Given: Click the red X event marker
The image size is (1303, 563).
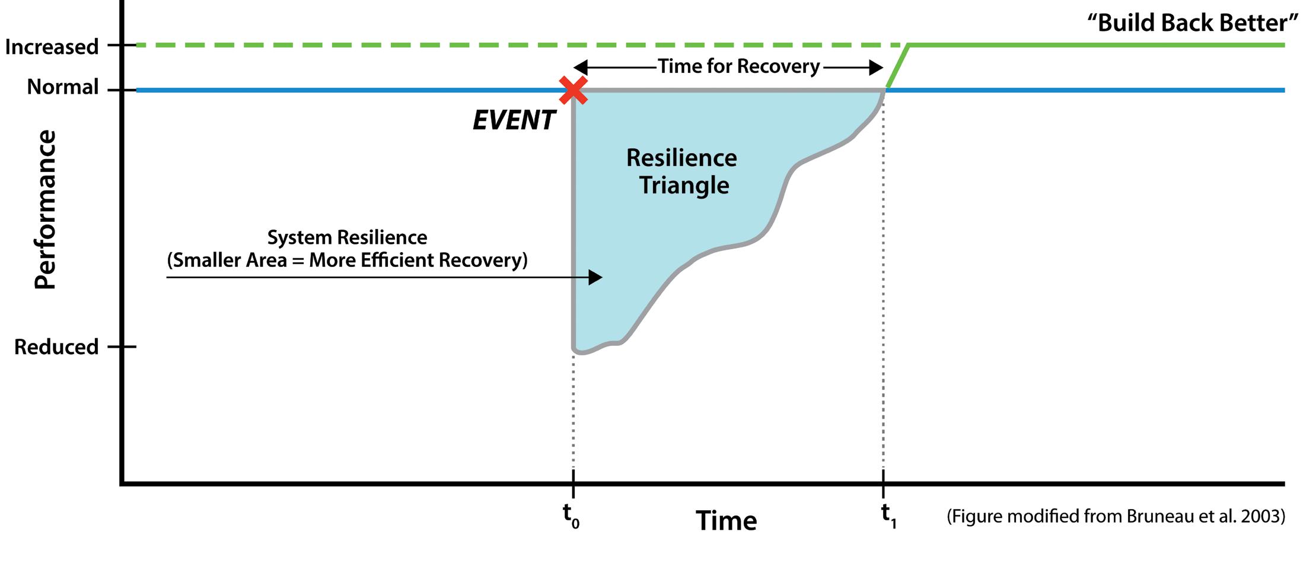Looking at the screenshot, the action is [x=573, y=90].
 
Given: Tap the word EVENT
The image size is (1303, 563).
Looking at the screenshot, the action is [x=514, y=120].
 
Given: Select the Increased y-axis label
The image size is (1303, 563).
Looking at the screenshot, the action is [x=52, y=46].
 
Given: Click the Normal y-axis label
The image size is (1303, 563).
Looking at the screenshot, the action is [x=63, y=87].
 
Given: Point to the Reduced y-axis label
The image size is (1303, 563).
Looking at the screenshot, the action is [x=56, y=346].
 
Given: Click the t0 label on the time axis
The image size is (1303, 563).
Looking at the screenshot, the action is [x=571, y=515].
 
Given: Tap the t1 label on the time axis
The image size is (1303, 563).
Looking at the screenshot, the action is [x=888, y=515].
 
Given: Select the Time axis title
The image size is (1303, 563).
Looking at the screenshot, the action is [x=726, y=520].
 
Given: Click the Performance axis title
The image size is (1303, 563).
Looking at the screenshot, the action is [x=44, y=209].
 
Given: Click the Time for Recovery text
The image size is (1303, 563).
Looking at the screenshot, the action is [x=738, y=66].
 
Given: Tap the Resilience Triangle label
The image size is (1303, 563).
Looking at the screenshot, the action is [x=682, y=171].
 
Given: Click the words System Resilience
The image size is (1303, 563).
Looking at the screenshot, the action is [x=347, y=237].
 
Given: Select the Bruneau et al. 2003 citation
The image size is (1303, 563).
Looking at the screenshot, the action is [x=1116, y=516].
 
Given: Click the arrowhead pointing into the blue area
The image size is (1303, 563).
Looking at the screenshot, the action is [x=595, y=277].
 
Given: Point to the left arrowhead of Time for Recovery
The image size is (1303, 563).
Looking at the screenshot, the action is [x=581, y=67].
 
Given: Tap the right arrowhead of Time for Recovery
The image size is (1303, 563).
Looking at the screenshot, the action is [x=876, y=67].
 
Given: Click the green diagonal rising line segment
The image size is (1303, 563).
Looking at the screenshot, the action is [x=897, y=67].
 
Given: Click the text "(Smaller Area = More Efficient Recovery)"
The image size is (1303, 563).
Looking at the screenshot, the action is [x=347, y=260].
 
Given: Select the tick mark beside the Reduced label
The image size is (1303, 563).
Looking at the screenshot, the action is [x=122, y=346].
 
